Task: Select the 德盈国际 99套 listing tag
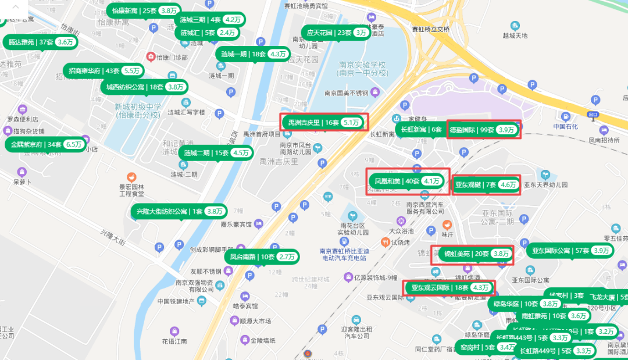483,130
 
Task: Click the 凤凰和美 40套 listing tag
407,181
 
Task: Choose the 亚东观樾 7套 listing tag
485,185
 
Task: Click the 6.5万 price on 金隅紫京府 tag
74,144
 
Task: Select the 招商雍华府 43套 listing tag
102,70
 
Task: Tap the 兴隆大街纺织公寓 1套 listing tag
180,211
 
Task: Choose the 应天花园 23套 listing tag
337,33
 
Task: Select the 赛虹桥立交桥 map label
431,29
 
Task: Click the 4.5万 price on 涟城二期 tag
240,153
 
